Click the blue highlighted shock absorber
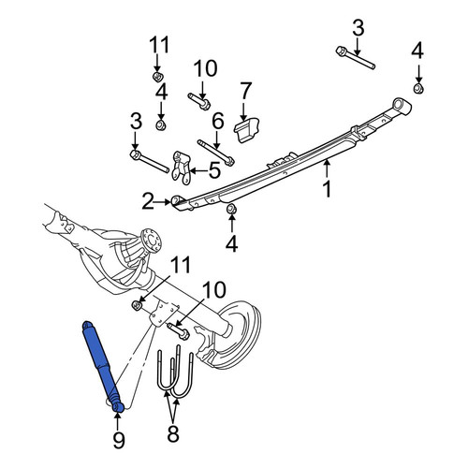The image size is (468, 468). (102, 365)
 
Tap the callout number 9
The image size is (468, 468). (119, 439)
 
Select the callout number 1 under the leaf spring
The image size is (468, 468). (327, 189)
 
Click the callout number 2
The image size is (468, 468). (148, 201)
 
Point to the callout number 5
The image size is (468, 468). (214, 170)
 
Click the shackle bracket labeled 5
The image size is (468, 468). (182, 167)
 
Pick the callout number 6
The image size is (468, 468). (218, 121)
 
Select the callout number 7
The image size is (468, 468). (246, 91)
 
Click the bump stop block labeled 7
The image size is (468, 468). (246, 130)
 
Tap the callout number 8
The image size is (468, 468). (173, 433)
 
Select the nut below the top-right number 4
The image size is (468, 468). (418, 89)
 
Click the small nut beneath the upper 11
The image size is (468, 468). (158, 76)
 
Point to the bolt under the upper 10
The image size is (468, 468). (198, 101)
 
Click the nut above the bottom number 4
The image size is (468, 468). (231, 209)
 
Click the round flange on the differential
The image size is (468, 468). (152, 241)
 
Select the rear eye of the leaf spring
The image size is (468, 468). (402, 106)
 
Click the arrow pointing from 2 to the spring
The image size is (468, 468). (163, 202)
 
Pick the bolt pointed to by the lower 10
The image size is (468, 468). (178, 331)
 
